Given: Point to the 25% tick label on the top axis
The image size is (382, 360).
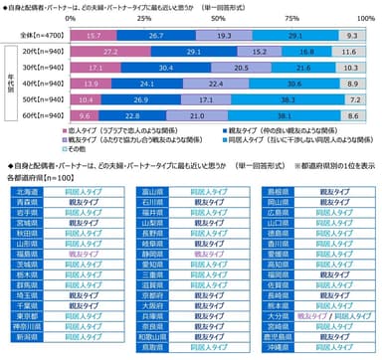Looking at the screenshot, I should (x=143, y=18).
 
